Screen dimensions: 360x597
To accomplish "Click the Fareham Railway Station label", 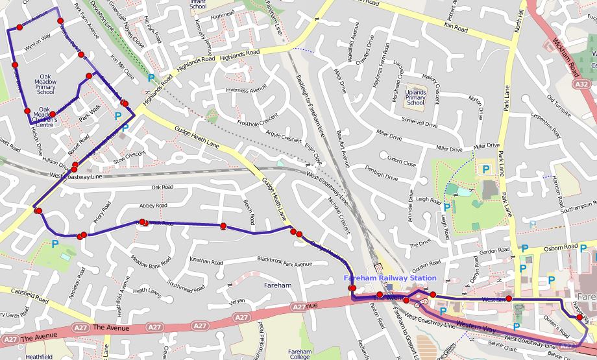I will point(390,278).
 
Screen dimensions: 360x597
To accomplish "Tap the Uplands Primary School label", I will point(415,98).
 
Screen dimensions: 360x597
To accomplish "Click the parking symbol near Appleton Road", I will point(55,245).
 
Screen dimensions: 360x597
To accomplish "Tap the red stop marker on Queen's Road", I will point(579,317).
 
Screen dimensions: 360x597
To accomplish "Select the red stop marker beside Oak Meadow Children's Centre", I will point(52,114).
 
